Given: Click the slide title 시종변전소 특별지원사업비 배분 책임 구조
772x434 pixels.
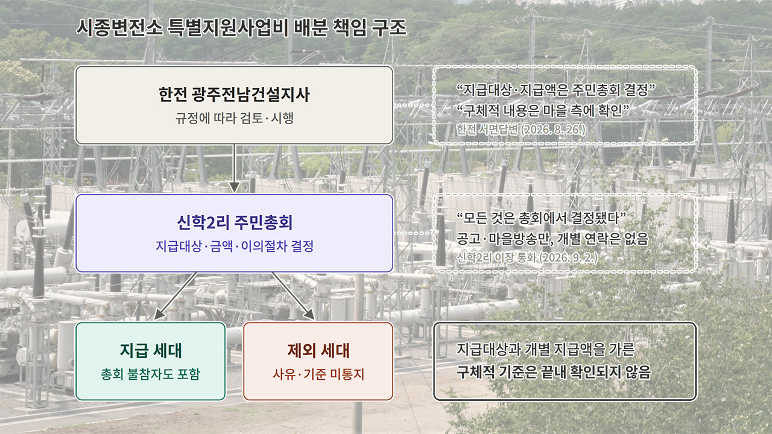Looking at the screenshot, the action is (241, 28).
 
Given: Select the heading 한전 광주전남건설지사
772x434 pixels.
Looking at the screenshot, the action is (235, 95).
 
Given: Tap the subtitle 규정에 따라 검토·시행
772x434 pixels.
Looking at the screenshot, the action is (235, 118).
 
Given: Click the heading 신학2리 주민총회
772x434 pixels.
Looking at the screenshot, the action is (235, 222).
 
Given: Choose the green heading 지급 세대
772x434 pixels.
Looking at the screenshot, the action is (151, 350).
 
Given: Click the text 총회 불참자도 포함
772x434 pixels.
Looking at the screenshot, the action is (151, 374).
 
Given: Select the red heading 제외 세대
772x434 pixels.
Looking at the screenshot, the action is (318, 350).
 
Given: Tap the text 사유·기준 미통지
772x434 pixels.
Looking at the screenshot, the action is (318, 374).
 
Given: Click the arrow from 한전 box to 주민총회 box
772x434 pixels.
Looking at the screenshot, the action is (235, 168).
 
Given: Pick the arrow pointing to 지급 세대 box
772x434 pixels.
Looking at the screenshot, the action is (175, 296).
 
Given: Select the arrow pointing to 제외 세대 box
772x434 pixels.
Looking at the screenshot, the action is (293, 296).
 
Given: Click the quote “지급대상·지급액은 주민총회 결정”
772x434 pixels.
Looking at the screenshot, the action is (555, 90).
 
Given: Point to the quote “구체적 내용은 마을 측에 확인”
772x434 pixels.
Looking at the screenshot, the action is (543, 110).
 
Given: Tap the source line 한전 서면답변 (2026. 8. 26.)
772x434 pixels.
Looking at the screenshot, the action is (520, 130).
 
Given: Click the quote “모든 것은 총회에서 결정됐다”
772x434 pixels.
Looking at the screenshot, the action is (541, 218).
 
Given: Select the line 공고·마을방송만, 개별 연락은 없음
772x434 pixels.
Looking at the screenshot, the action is (552, 238).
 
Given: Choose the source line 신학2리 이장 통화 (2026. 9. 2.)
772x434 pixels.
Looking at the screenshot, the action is (527, 257).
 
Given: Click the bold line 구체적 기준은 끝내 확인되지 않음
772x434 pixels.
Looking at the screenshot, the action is (554, 372).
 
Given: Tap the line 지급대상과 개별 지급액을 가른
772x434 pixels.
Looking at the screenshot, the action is (545, 349).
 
